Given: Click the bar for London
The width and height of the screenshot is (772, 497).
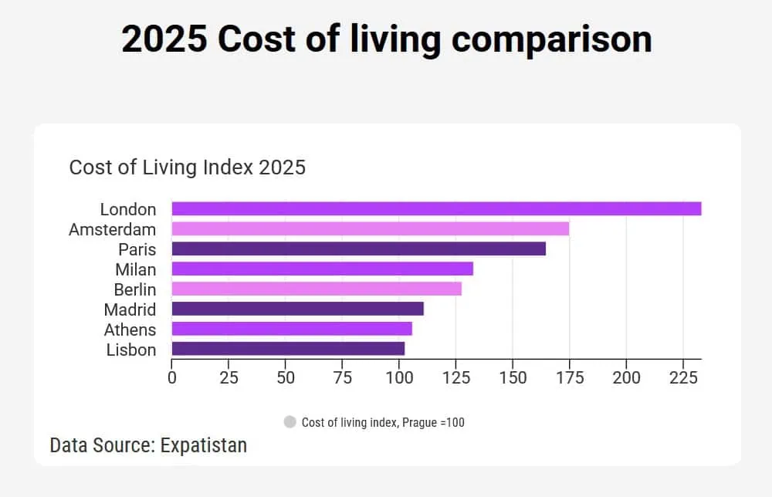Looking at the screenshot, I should [436, 208].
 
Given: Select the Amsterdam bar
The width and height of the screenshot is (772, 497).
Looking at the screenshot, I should [370, 228].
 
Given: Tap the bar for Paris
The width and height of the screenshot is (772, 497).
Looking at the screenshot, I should [358, 248].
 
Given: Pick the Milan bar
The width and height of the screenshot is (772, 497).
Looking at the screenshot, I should [322, 269].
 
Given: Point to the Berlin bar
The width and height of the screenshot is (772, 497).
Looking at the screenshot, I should [317, 289].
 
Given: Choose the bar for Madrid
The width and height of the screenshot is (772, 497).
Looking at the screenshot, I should [297, 309].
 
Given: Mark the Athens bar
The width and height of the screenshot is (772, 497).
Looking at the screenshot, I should [292, 329].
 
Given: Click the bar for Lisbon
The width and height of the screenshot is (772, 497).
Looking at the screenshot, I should [288, 349].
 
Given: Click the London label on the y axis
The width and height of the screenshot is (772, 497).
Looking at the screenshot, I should [128, 209].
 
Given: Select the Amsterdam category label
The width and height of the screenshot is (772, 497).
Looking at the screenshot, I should [112, 229].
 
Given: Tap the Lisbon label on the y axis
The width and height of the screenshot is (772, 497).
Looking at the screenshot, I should [131, 350].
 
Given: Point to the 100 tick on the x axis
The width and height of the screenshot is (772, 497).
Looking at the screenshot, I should [399, 377].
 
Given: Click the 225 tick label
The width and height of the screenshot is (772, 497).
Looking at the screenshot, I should [683, 377].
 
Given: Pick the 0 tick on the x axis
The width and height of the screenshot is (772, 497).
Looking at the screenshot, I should [171, 377].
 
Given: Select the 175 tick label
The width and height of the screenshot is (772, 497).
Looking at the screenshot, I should [570, 377].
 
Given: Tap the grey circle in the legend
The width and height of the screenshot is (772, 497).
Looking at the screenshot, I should [290, 422].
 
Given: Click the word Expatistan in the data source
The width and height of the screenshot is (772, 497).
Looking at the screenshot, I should [204, 445].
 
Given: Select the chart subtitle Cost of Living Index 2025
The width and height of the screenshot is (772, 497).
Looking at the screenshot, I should [188, 167].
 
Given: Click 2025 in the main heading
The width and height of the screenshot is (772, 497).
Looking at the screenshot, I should [164, 39].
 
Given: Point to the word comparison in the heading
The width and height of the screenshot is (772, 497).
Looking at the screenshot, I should [551, 39].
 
